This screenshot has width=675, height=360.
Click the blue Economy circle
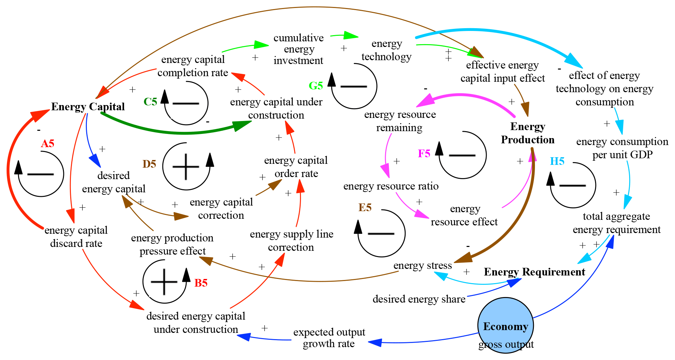[505, 326]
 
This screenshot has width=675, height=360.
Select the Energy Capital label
[88, 106]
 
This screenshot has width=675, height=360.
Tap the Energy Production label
[527, 133]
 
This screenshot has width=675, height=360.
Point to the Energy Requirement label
[534, 272]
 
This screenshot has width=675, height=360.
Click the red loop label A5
[48, 143]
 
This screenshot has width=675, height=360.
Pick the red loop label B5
[201, 283]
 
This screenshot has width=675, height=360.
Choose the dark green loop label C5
[151, 102]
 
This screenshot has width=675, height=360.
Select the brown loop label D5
[149, 164]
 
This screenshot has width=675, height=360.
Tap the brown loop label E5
[365, 207]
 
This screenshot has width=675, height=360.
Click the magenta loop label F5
[424, 153]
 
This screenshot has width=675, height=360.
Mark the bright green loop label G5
[316, 85]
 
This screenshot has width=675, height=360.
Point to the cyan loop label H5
[557, 161]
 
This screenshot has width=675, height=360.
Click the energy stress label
[422, 265]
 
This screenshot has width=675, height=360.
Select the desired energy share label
[419, 299]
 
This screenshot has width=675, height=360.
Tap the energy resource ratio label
[391, 186]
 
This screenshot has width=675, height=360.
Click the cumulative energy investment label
[299, 49]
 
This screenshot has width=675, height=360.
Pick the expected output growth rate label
[329, 338]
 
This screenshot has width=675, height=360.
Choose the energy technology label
[387, 50]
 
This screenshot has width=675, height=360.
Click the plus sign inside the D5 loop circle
[186, 167]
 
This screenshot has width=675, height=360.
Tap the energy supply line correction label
[291, 240]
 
